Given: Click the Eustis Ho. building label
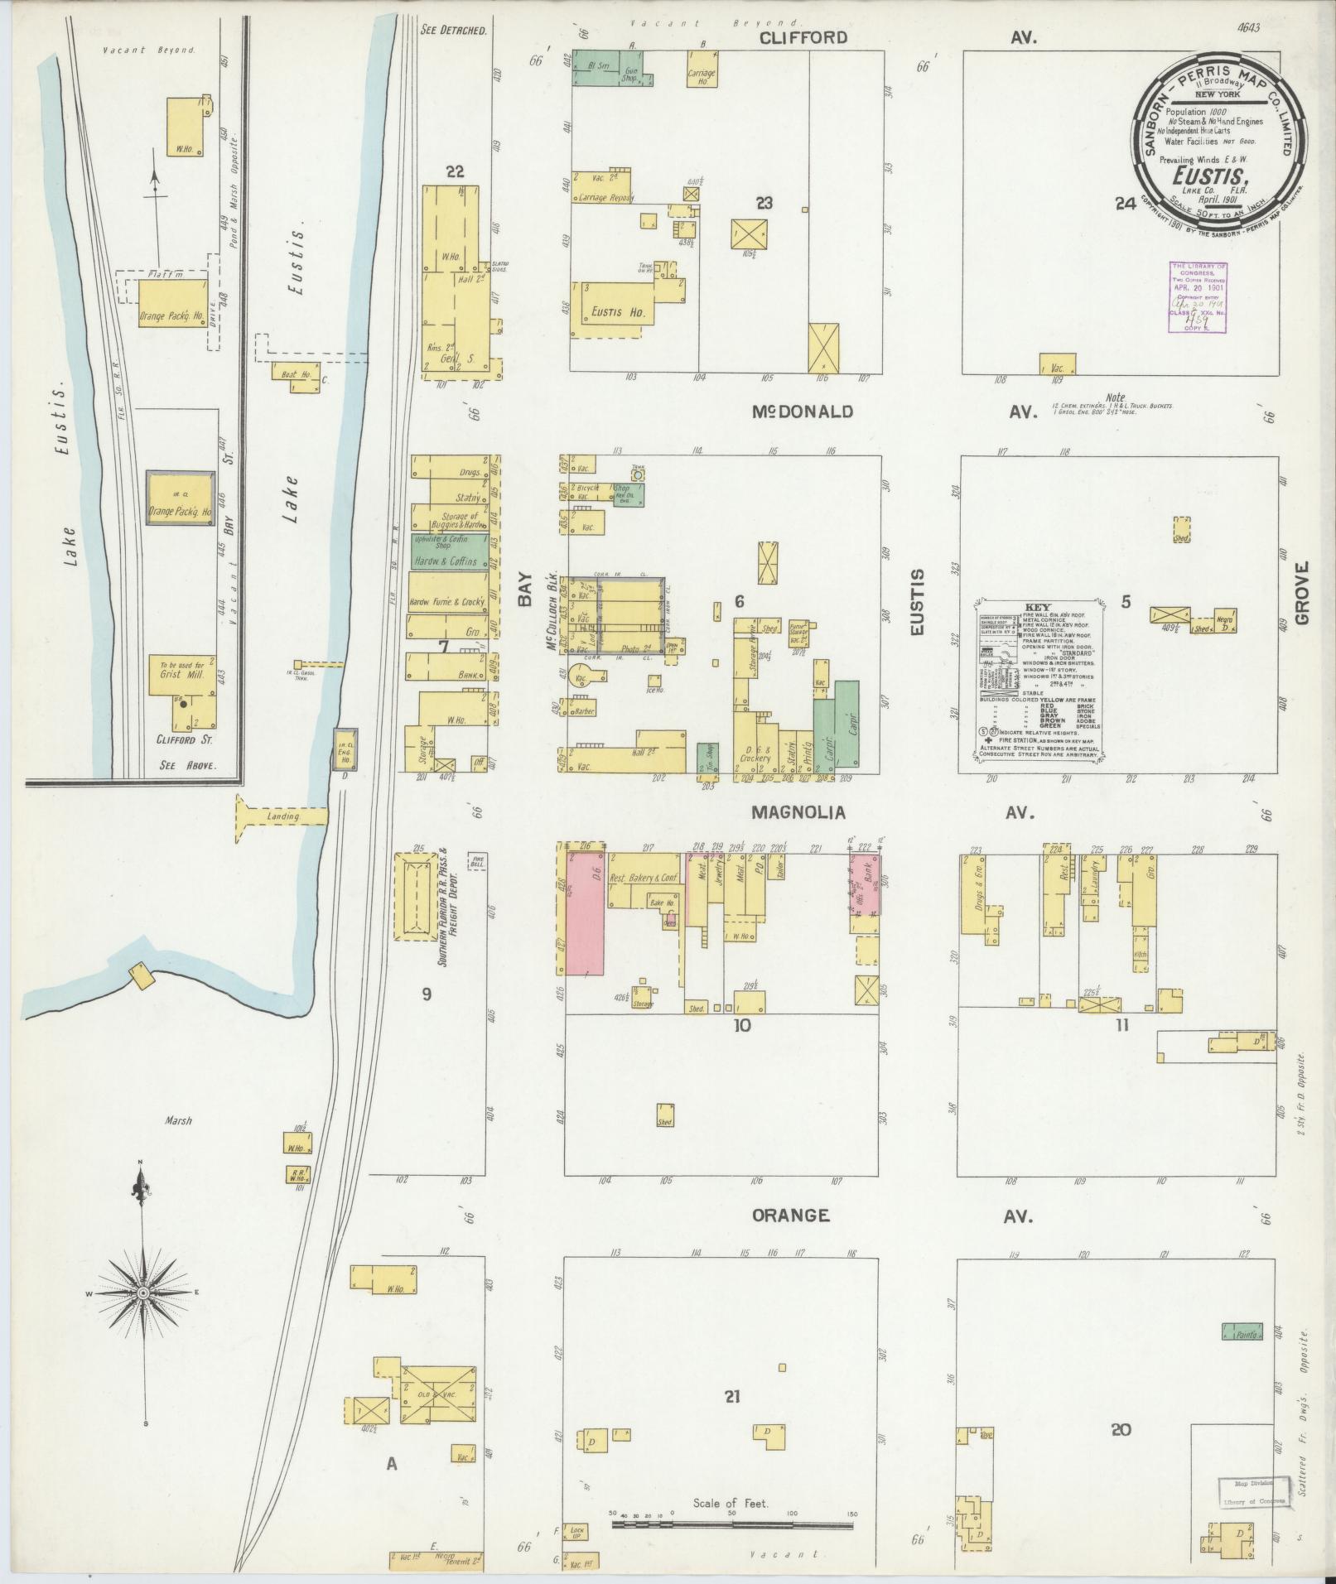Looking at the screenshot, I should tap(613, 313).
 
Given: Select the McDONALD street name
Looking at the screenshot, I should tap(803, 412).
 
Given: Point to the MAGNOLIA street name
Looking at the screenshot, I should tap(798, 812).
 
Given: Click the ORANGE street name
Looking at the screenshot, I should tap(790, 1216).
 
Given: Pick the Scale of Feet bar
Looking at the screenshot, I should tap(733, 1524).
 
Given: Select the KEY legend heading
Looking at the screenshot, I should tap(1037, 607).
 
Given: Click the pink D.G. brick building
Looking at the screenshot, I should tap(586, 911).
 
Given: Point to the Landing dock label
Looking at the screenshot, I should tap(283, 816).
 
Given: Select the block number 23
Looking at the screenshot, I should tap(764, 201).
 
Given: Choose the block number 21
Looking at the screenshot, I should tap(731, 1396).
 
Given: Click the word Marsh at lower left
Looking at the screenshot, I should tap(178, 1120).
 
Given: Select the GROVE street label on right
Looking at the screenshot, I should tap(1303, 594).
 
